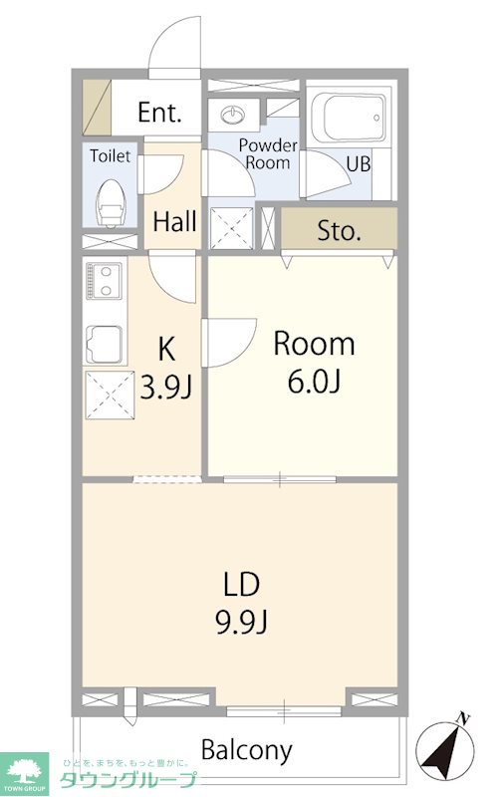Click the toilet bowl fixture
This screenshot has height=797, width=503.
[111, 203]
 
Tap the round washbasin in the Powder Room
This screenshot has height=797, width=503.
[233, 115]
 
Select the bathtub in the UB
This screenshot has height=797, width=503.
[349, 118]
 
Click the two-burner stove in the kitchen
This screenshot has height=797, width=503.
[105, 281]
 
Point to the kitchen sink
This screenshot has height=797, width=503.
[105, 344]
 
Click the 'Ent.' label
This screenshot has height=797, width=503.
[159, 113]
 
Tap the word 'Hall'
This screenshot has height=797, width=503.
[174, 221]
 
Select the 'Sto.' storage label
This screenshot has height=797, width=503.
[339, 231]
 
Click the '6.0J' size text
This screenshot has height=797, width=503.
[314, 382]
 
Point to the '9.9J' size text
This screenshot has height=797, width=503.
[242, 622]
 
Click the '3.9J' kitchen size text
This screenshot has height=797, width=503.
[166, 388]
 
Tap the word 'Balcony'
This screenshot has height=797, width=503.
[247, 750]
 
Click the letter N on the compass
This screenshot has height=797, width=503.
[462, 718]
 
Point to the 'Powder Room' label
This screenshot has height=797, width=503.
[268, 154]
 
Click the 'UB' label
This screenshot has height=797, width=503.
[359, 164]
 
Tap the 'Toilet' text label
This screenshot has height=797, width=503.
[111, 156]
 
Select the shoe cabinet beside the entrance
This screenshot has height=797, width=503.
[97, 108]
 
